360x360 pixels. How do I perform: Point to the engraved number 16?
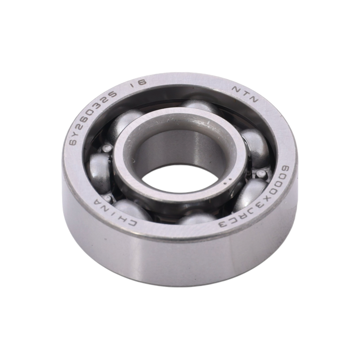click(138, 83)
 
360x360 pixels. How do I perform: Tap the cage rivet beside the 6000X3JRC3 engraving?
click(261, 173)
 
